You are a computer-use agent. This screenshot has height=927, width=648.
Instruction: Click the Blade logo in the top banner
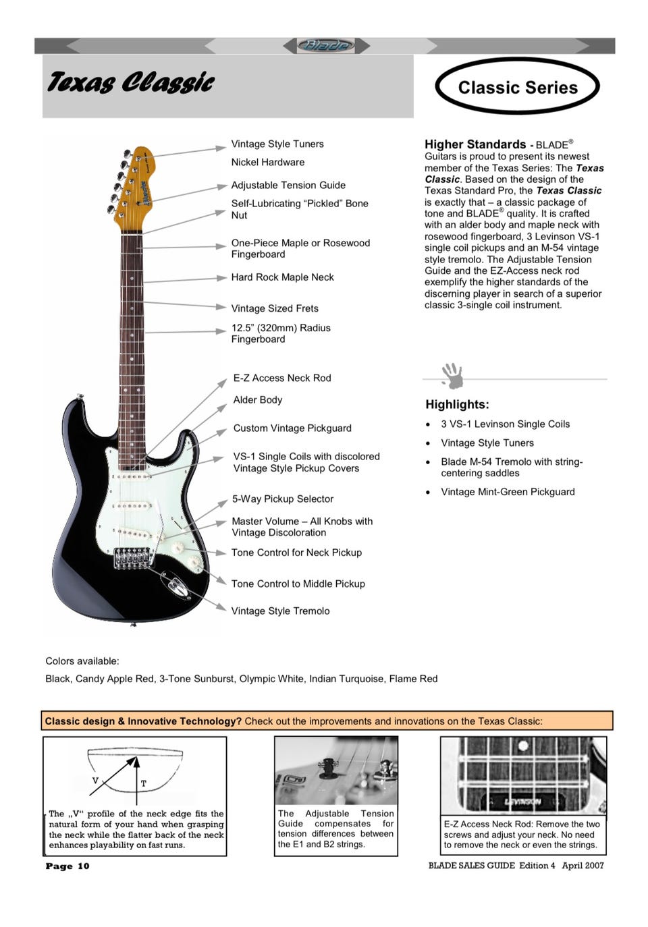(x=326, y=46)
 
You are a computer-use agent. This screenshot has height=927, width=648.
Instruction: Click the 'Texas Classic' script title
(x=130, y=83)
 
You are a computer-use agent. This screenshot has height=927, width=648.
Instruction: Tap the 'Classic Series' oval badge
(x=518, y=88)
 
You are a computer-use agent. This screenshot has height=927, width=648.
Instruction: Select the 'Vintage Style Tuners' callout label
(x=277, y=144)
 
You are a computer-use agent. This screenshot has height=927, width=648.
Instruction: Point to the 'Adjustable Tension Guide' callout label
(x=288, y=186)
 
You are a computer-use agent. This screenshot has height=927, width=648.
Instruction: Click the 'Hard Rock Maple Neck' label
(x=282, y=277)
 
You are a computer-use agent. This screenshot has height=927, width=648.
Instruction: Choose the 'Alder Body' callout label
(x=258, y=400)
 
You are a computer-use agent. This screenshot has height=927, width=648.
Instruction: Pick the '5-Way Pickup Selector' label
(x=283, y=499)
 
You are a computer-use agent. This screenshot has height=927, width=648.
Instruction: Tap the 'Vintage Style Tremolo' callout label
(x=280, y=611)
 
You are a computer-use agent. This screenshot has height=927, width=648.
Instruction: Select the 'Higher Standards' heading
(x=475, y=144)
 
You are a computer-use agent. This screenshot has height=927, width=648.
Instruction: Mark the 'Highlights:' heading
(x=457, y=405)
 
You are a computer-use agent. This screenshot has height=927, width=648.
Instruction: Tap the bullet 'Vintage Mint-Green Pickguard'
(x=508, y=493)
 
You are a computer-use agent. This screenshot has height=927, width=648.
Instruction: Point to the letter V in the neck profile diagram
(x=95, y=781)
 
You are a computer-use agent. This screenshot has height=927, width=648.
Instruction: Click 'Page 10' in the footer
(x=67, y=866)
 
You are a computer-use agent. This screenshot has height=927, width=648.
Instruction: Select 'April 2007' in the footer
(x=583, y=866)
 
